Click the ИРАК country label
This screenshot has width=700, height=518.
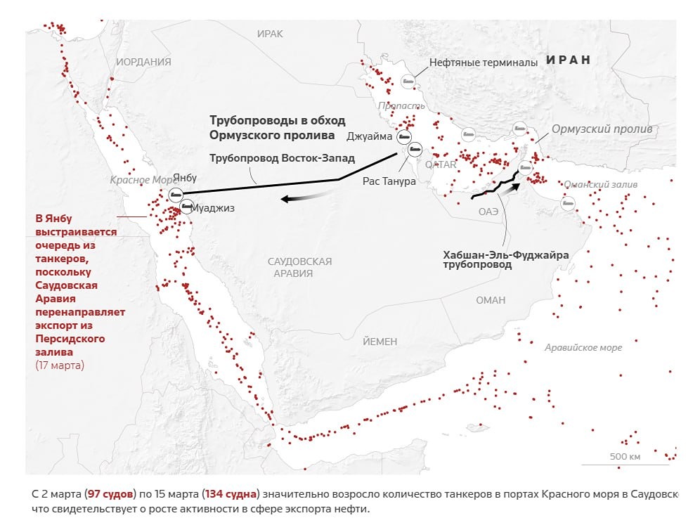pyautogui.click(x=270, y=34)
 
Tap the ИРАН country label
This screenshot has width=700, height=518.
pyautogui.click(x=569, y=60)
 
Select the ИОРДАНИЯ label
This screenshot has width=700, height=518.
pyautogui.click(x=144, y=62)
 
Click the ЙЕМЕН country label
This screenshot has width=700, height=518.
pyautogui.click(x=380, y=342)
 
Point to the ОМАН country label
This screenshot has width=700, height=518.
pyautogui.click(x=491, y=300)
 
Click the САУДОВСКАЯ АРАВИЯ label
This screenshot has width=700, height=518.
pyautogui.click(x=299, y=267)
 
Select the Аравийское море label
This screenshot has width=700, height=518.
pyautogui.click(x=583, y=347)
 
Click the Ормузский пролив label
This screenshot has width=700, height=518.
pyautogui.click(x=602, y=129)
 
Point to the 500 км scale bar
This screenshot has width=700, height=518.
pyautogui.click(x=625, y=460)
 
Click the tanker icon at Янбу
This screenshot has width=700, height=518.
pyautogui.click(x=176, y=193)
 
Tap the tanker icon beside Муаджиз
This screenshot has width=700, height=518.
pyautogui.click(x=186, y=206)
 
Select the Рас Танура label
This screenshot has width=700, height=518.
pyautogui.click(x=389, y=181)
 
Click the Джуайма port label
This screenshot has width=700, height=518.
pyautogui.click(x=369, y=136)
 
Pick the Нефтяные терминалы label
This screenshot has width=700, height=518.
pyautogui.click(x=484, y=63)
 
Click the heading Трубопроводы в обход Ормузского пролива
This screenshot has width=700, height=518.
pyautogui.click(x=278, y=128)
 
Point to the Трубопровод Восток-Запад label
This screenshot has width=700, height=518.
pyautogui.click(x=283, y=158)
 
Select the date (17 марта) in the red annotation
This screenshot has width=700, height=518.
pyautogui.click(x=60, y=365)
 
